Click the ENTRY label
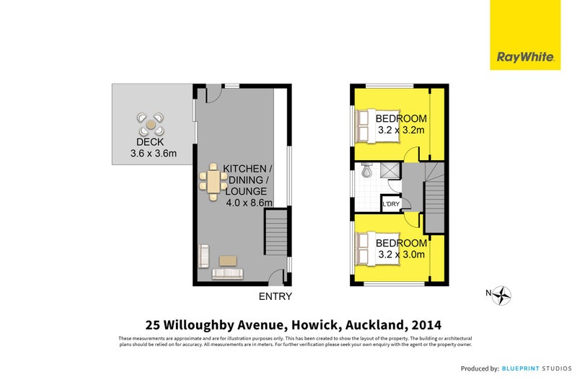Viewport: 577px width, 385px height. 276,296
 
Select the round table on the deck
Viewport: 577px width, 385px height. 151,124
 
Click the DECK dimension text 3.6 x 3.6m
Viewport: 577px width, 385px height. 153,153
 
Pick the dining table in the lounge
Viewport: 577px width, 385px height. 213,182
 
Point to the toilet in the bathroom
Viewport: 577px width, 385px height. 366,171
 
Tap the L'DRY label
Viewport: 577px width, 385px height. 391,205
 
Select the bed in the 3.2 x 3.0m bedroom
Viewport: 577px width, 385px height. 369,248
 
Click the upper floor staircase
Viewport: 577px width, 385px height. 434,206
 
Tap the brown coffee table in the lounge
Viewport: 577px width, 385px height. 228,260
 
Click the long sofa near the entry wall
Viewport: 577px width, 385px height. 227,274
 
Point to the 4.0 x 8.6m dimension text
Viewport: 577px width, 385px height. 250,203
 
